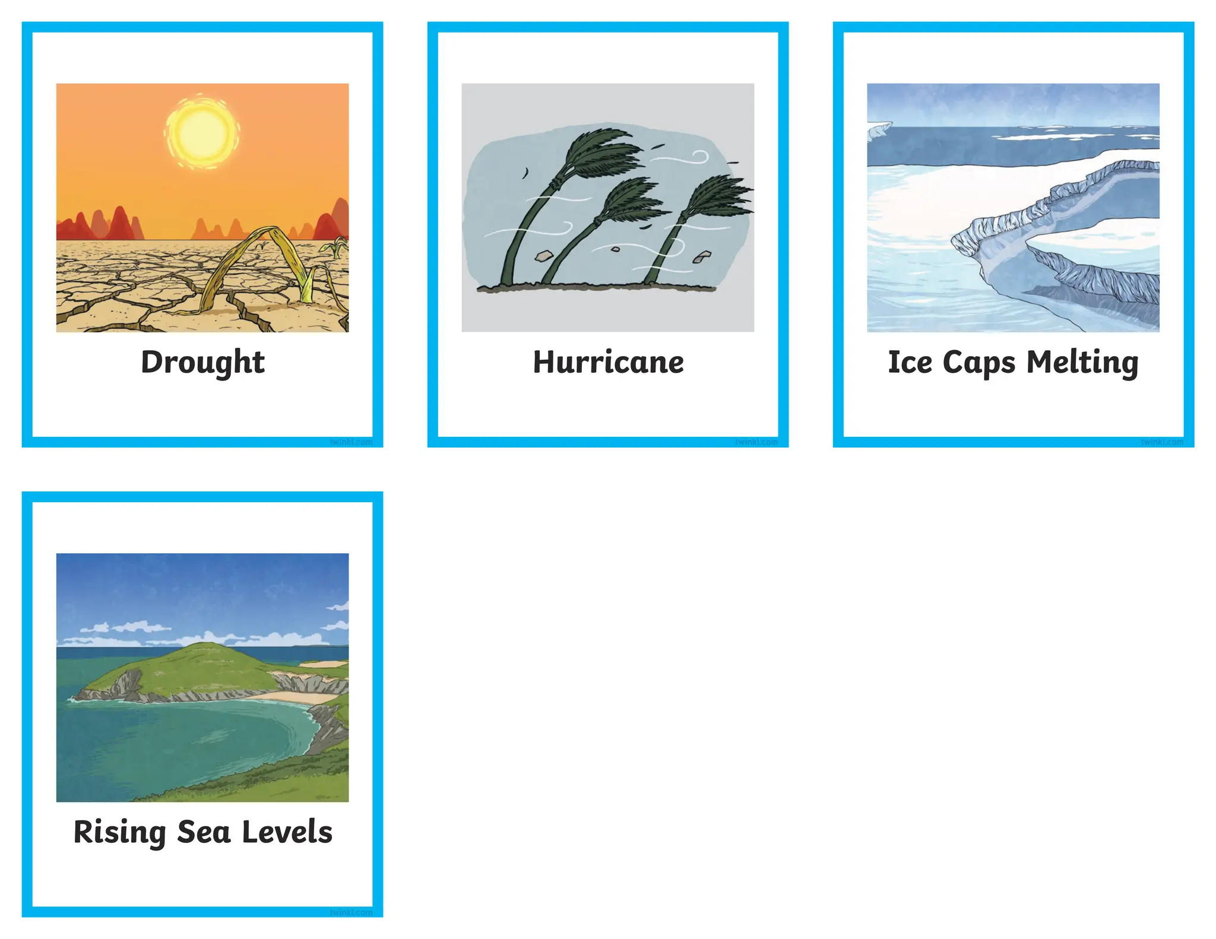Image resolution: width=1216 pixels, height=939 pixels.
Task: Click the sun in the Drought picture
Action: click(x=202, y=131)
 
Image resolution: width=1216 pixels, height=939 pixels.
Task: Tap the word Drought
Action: click(x=202, y=362)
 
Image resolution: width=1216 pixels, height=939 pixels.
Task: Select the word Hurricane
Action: click(x=608, y=362)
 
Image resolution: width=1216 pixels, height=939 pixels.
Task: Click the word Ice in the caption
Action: click(x=910, y=362)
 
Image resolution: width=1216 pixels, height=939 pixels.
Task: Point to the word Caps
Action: click(x=978, y=363)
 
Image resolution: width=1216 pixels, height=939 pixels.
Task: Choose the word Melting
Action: click(x=1082, y=363)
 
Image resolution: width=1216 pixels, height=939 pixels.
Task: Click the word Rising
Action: click(x=119, y=832)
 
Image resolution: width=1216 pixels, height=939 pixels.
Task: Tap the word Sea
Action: click(x=203, y=832)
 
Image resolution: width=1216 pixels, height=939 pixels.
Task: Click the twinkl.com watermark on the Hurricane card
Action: click(x=756, y=442)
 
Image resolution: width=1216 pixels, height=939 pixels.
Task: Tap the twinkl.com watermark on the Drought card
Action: click(x=351, y=442)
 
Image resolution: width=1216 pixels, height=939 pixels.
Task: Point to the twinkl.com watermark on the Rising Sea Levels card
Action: click(x=351, y=912)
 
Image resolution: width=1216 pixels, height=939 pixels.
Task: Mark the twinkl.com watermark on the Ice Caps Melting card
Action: click(x=1161, y=442)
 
